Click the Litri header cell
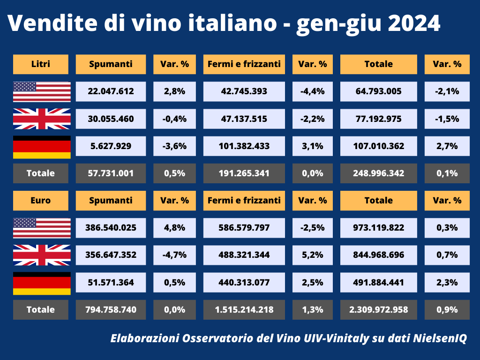pos(40,64)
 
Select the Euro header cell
pos(40,200)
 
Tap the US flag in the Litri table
pos(42,91)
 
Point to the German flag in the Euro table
pos(42,283)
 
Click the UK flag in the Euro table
pos(42,255)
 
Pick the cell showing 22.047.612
pos(111,91)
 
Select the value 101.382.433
pos(244,146)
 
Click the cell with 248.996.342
pos(378,173)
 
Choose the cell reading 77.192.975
pos(378,119)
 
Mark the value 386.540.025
pos(111,228)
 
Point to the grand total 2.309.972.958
pos(378,309)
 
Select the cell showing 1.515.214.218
pos(244,309)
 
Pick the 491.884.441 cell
pos(378,283)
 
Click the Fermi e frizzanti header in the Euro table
pos(244,200)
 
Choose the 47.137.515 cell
pos(244,119)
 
